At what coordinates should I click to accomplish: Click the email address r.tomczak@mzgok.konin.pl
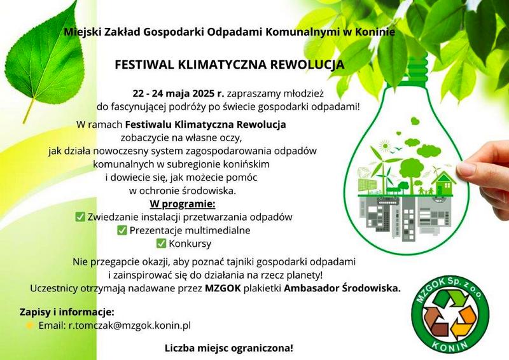point(130,325)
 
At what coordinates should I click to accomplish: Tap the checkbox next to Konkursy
point(161,243)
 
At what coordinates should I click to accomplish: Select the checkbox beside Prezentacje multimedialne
point(122,230)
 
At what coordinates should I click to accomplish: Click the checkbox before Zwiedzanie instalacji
point(80,216)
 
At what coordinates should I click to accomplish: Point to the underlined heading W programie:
point(183,205)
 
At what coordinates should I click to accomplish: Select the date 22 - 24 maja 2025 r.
point(178,93)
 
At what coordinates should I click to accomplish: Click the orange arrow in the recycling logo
point(465,321)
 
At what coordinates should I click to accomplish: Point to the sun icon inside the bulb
point(385,146)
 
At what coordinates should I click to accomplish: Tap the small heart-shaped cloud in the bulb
point(415,121)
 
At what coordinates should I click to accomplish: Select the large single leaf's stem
point(29,111)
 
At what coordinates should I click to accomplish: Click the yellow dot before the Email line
point(29,325)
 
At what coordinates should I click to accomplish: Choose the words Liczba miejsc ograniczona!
point(229,349)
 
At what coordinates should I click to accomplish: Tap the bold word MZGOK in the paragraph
point(223,288)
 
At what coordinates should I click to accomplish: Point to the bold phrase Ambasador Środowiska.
point(342,288)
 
